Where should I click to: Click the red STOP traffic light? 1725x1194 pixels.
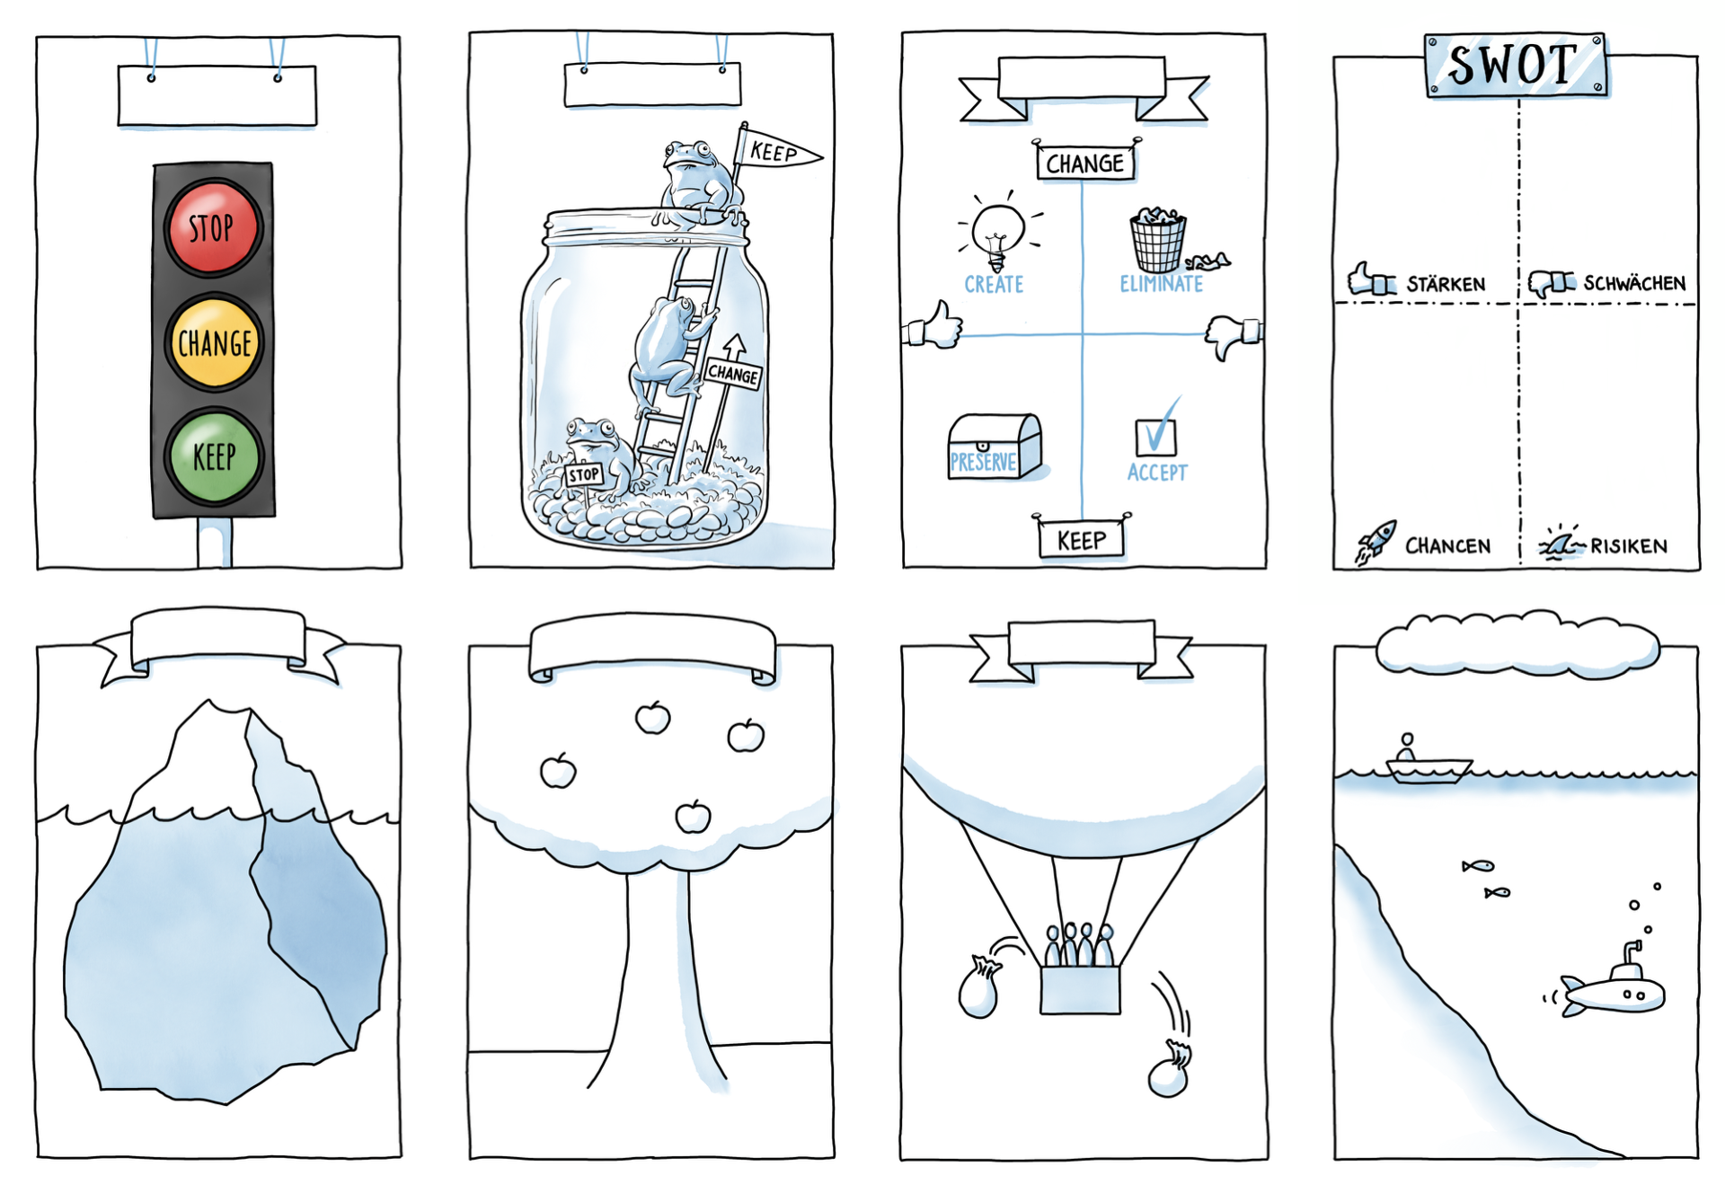213,227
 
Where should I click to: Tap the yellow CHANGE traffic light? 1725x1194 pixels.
214,342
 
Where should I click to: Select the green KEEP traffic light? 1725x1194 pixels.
214,456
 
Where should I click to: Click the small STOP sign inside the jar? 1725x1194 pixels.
583,474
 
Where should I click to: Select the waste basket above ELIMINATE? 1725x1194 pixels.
1158,241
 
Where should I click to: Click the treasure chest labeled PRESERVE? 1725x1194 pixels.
993,447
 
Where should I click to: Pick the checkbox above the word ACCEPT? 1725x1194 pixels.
1155,435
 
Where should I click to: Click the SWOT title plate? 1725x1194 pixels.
1515,65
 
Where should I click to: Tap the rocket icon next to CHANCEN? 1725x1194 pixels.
1376,542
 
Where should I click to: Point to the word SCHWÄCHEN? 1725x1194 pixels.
1633,284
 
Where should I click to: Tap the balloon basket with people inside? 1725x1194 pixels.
1080,987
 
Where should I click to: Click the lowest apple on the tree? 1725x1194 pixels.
693,818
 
